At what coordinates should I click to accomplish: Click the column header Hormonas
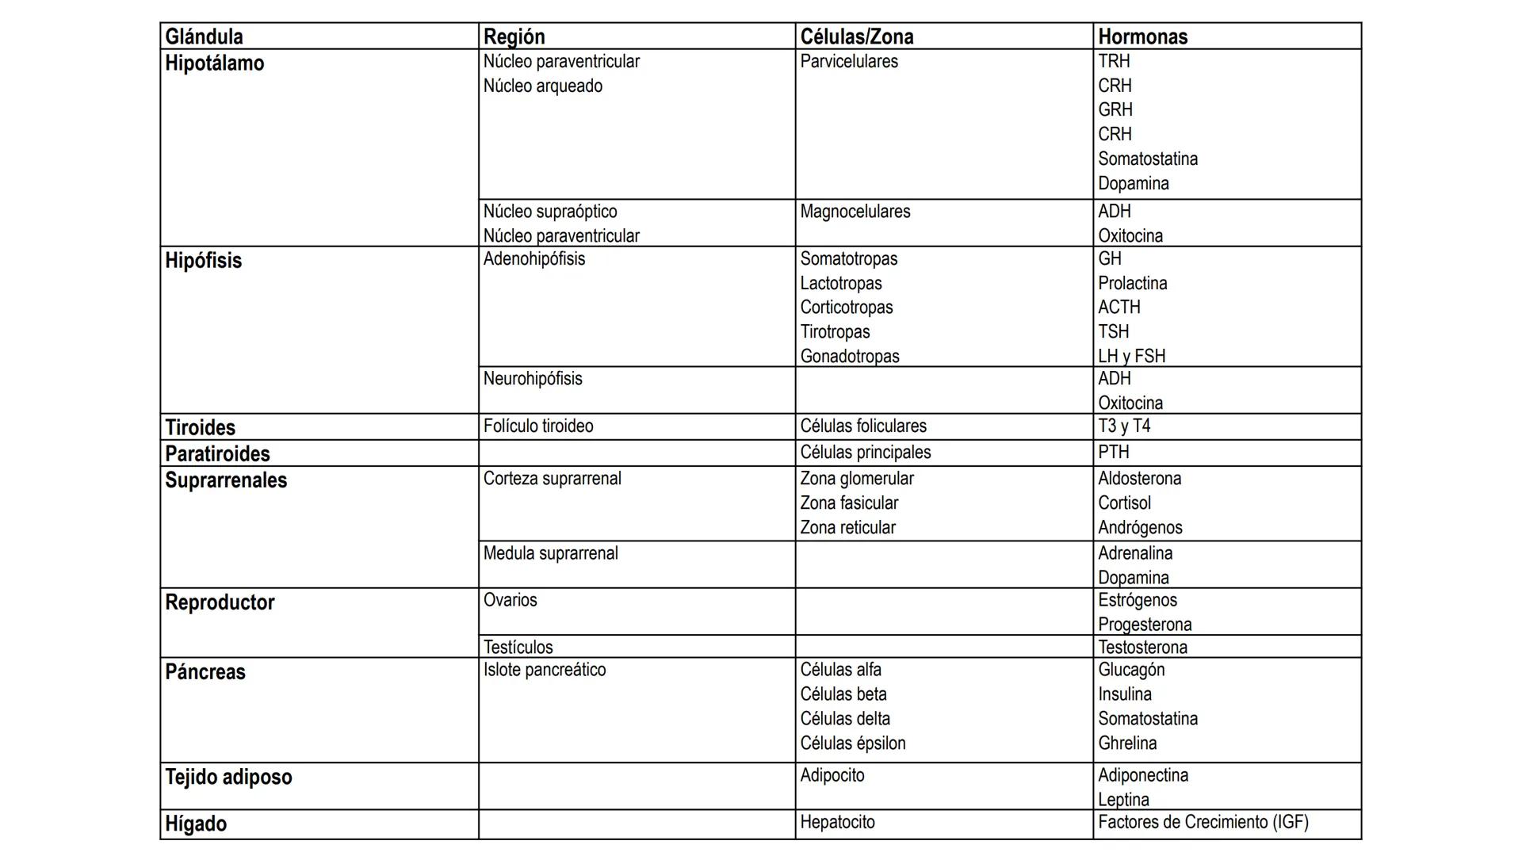click(x=1142, y=36)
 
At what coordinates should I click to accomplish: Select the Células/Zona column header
click(x=856, y=36)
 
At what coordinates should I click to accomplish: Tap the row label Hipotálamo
click(x=214, y=63)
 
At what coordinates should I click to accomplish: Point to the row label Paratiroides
click(x=217, y=454)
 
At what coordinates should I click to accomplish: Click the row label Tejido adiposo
click(x=228, y=777)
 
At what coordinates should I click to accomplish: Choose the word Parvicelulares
click(x=848, y=62)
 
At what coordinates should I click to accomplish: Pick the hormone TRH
click(x=1114, y=61)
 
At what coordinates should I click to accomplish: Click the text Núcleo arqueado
click(x=542, y=86)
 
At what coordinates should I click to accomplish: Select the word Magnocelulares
click(x=855, y=212)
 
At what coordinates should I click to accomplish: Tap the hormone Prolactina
click(x=1132, y=283)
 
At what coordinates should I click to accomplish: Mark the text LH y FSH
click(x=1131, y=356)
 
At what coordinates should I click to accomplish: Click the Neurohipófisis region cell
click(x=533, y=379)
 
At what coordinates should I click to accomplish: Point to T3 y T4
click(x=1123, y=426)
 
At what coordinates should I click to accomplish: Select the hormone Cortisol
click(x=1124, y=503)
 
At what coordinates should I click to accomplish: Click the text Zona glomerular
click(x=856, y=479)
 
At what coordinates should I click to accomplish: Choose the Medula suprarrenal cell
click(x=550, y=553)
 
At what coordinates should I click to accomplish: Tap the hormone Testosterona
click(x=1142, y=648)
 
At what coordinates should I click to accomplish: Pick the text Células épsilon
click(x=852, y=743)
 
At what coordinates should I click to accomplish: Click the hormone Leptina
click(x=1123, y=799)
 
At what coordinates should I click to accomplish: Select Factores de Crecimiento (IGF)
click(x=1203, y=823)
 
